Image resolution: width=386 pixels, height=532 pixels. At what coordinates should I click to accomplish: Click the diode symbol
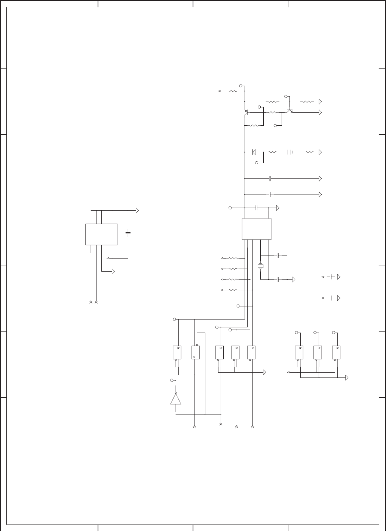coord(254,152)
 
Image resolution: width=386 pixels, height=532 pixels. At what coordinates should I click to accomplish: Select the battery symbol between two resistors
coord(289,152)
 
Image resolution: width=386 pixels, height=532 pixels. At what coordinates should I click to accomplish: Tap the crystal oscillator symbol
coord(261,266)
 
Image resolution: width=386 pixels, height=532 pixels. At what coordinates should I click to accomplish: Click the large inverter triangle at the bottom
coord(175,399)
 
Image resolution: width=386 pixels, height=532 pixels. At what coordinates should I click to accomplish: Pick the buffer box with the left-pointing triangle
coord(195,352)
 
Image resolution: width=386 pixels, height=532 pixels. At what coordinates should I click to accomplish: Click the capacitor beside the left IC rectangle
coord(128,233)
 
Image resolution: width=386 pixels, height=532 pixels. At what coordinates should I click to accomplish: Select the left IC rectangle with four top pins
coord(101,234)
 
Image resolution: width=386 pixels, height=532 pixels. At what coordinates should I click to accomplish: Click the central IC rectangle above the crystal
coord(257,229)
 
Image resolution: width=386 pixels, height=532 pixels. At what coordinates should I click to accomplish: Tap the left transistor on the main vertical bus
coord(246,112)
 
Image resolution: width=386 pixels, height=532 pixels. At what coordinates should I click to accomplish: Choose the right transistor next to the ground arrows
coord(289,111)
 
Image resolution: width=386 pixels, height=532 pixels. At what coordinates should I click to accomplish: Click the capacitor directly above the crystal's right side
coord(278,256)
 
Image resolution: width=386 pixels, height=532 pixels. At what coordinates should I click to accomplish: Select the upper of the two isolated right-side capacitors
coord(331,277)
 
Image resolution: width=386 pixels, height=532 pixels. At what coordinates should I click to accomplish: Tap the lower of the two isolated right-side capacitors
coord(331,298)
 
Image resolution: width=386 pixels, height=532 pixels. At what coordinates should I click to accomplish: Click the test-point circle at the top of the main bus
coord(241,86)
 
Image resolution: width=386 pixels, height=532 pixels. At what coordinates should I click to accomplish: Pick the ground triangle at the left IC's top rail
coord(137,211)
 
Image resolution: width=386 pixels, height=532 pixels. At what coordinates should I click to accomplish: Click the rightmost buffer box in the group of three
coord(336,352)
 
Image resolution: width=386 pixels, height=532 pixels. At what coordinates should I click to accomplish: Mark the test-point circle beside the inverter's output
coord(172,380)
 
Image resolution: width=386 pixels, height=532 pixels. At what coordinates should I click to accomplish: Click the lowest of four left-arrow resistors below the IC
coord(233,290)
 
